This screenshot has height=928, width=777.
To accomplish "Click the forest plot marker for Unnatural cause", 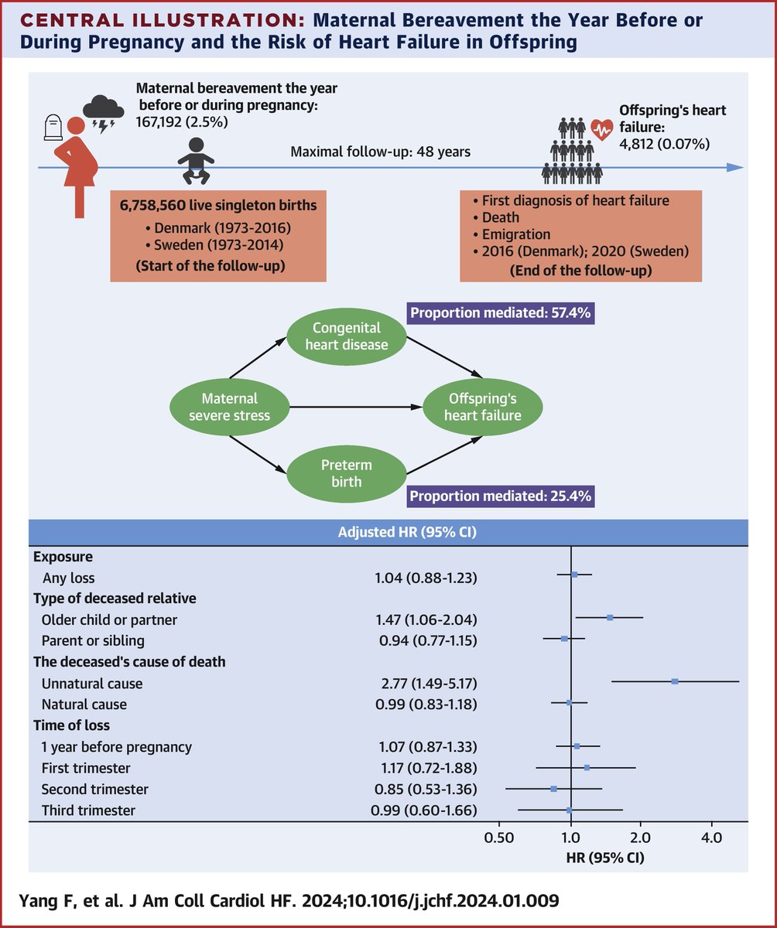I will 675,681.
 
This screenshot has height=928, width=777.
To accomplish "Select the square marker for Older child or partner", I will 610,617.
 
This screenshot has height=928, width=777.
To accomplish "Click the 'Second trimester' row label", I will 94,790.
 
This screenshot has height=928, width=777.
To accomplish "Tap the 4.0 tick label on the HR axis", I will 711,838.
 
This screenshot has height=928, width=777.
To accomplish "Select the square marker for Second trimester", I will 553,789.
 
